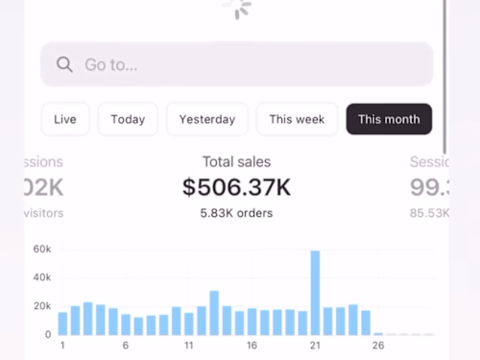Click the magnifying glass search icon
pyautogui.click(x=65, y=64)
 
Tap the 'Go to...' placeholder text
pyautogui.click(x=110, y=65)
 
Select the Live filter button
pyautogui.click(x=65, y=119)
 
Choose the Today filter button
pyautogui.click(x=128, y=119)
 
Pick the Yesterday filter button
pyautogui.click(x=206, y=119)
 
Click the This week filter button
pyautogui.click(x=297, y=119)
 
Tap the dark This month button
pyautogui.click(x=389, y=119)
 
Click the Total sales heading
pyautogui.click(x=236, y=162)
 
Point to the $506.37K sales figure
pyautogui.click(x=236, y=187)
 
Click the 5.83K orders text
pyautogui.click(x=236, y=213)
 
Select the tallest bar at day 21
pyautogui.click(x=315, y=293)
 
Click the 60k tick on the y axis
pyautogui.click(x=41, y=249)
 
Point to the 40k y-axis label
pyautogui.click(x=41, y=277)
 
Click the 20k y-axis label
pyautogui.click(x=41, y=306)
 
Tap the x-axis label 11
pyautogui.click(x=189, y=346)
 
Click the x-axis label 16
pyautogui.click(x=252, y=346)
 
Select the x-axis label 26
pyautogui.click(x=377, y=346)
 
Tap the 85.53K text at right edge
pyautogui.click(x=429, y=213)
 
